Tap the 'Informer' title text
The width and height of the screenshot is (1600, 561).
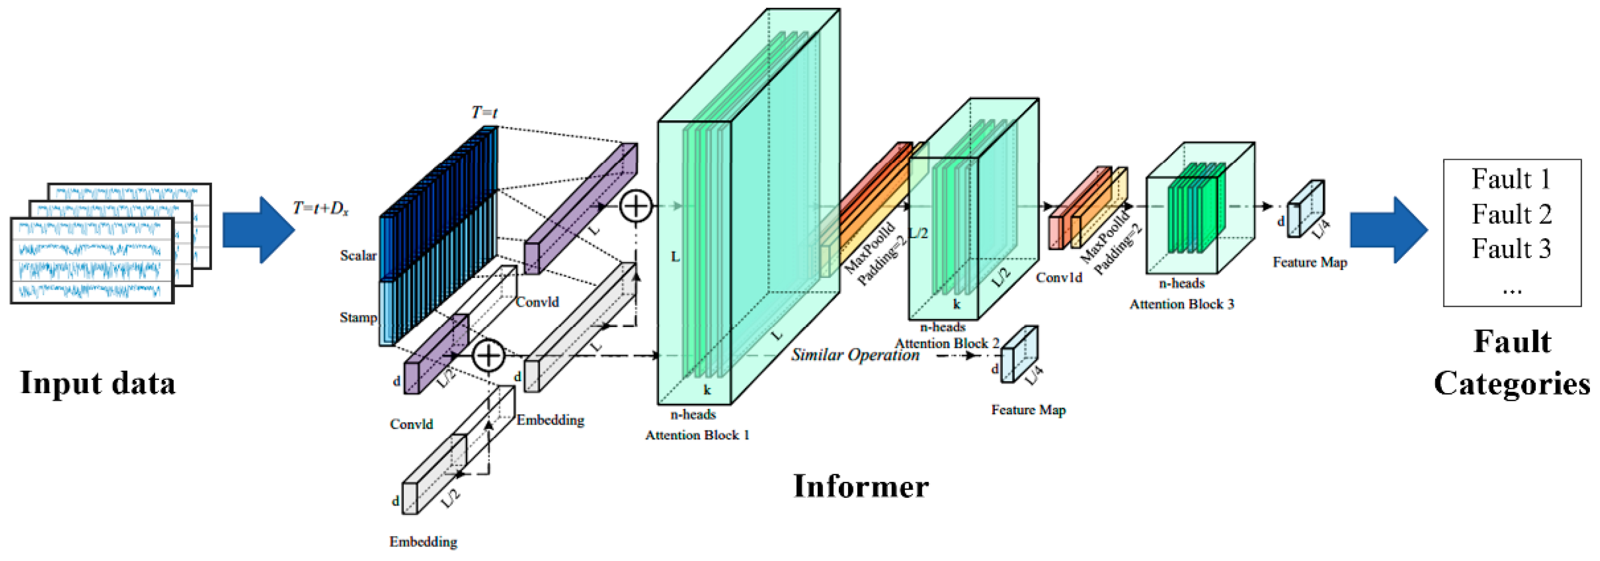click(x=861, y=486)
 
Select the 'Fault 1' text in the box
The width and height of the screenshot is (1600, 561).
click(x=1510, y=179)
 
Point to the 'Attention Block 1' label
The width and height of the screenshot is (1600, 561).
click(x=697, y=435)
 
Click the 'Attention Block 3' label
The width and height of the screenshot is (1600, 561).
click(x=1182, y=304)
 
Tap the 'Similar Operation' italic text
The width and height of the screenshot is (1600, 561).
click(x=855, y=355)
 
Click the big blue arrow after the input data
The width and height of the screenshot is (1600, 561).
click(x=258, y=230)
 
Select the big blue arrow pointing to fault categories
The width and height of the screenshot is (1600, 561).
click(x=1388, y=230)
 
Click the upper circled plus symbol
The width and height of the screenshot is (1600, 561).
click(x=636, y=206)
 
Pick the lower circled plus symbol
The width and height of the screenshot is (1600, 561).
click(x=488, y=355)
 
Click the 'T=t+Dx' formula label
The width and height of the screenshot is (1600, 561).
click(x=321, y=209)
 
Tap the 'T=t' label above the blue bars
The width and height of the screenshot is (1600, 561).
click(x=485, y=113)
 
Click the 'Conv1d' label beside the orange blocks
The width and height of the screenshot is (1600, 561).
click(x=1058, y=278)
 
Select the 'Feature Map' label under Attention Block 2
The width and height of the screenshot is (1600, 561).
click(x=1028, y=410)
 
